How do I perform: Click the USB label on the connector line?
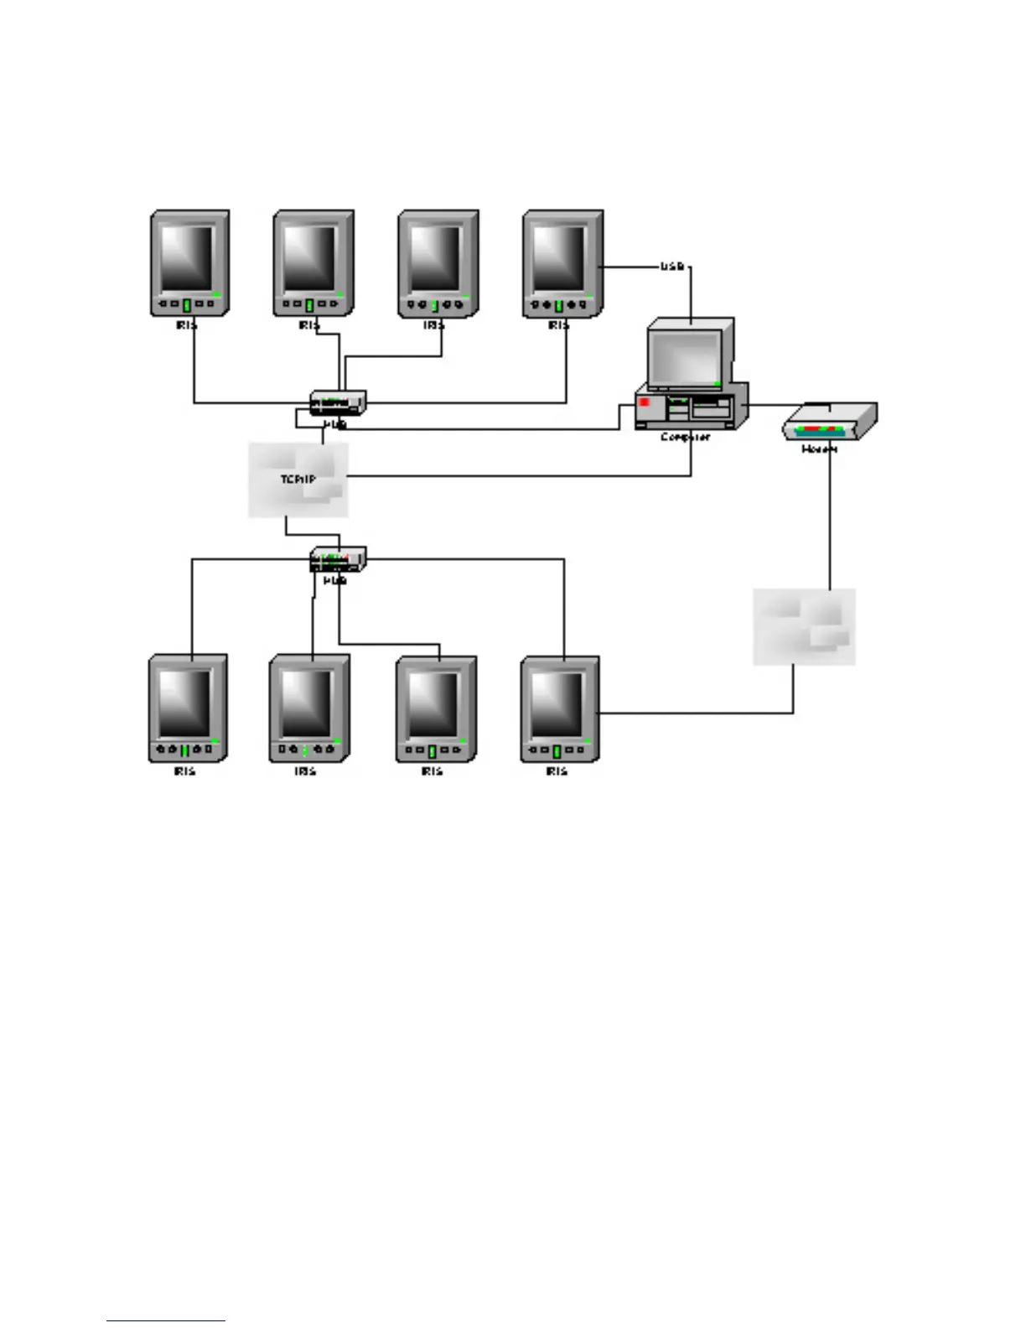click(672, 267)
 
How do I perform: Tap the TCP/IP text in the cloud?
click(298, 479)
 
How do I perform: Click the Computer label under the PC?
click(685, 437)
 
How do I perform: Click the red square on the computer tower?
click(645, 402)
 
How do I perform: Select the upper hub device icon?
click(338, 402)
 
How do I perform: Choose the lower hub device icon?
click(338, 558)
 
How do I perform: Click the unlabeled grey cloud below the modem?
click(804, 626)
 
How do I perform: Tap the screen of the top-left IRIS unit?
click(186, 257)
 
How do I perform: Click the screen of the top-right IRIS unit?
click(558, 257)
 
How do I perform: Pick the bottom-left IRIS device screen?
click(184, 703)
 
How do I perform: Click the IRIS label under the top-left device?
click(186, 324)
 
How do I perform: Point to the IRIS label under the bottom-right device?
click(557, 770)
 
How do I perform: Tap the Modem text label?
click(819, 449)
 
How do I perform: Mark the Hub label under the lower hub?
click(334, 580)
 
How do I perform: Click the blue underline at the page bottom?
click(165, 1320)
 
